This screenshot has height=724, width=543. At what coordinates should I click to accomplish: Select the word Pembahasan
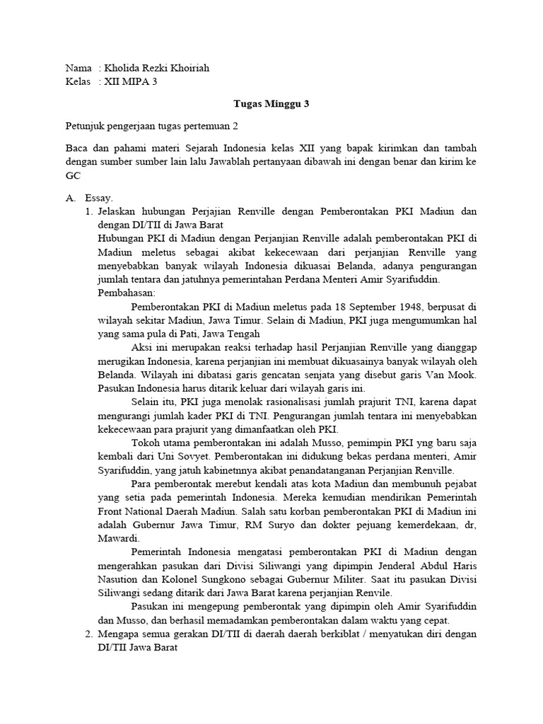click(127, 292)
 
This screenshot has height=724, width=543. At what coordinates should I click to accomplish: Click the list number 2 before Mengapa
click(88, 633)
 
